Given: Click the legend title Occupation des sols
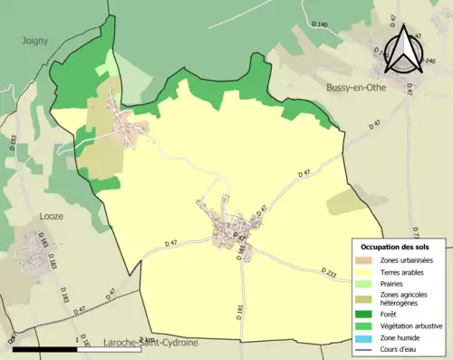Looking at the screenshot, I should pyautogui.click(x=394, y=247).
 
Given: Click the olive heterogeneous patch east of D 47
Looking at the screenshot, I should pyautogui.click(x=345, y=203).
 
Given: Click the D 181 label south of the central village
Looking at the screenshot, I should pyautogui.click(x=241, y=310).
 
